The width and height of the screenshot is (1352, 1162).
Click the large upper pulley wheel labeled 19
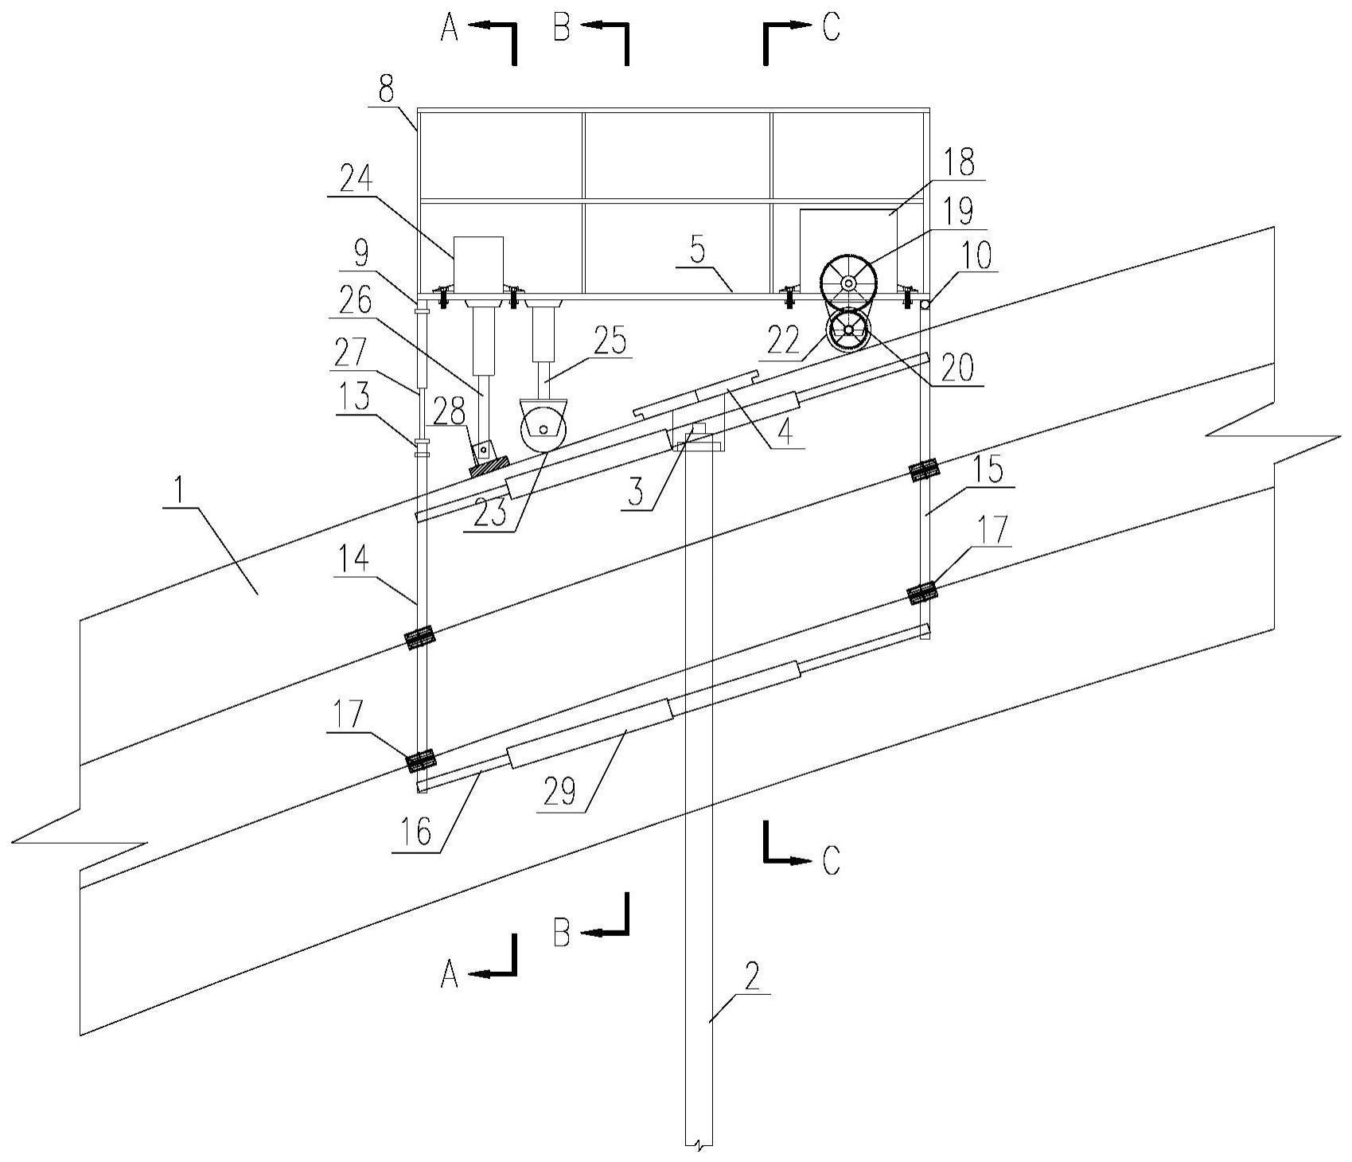click(x=849, y=283)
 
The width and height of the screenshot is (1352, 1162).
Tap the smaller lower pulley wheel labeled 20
click(x=849, y=329)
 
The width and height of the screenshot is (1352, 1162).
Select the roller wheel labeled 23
click(x=544, y=430)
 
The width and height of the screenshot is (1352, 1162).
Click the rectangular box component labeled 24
click(x=478, y=260)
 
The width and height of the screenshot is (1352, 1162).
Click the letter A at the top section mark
click(x=450, y=29)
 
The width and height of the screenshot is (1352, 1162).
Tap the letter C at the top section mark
click(x=831, y=29)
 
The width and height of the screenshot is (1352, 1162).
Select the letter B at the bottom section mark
click(x=561, y=933)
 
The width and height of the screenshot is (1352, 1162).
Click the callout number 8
click(x=386, y=90)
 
